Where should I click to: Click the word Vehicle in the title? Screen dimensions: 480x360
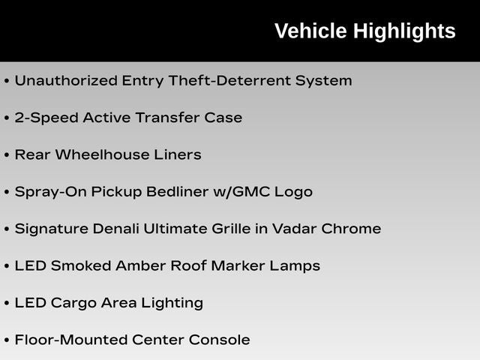310,31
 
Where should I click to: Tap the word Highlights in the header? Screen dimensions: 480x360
404,32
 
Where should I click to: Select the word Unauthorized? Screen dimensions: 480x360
66,80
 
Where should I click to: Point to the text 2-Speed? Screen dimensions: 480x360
46,118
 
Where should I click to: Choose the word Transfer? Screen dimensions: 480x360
168,118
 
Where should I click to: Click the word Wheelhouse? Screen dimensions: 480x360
102,154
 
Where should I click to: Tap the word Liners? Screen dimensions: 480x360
178,154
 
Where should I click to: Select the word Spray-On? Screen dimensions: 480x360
50,192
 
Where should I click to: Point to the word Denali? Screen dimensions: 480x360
115,229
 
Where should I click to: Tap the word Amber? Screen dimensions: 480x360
140,265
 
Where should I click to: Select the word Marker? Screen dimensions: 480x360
238,265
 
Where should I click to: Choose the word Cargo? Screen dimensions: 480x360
73,303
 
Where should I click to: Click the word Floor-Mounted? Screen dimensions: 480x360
71,340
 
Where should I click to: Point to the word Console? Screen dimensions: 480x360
219,340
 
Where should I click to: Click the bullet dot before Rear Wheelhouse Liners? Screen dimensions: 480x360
7,155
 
